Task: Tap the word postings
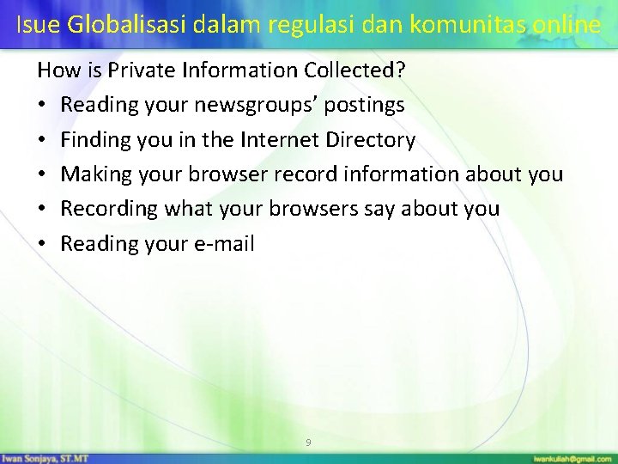[x=364, y=105]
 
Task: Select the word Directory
[x=372, y=139]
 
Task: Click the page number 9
[x=309, y=443]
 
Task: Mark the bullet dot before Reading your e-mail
[x=43, y=244]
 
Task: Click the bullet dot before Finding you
[x=43, y=139]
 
